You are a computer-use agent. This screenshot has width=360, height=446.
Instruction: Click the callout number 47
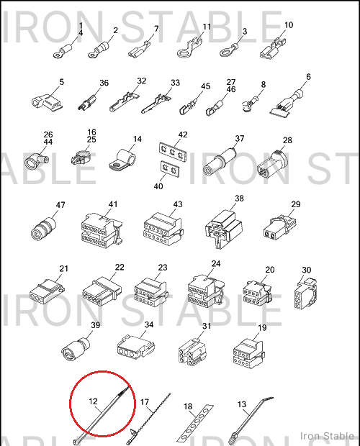coord(60,205)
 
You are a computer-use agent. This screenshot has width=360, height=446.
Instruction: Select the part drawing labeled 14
coord(122,160)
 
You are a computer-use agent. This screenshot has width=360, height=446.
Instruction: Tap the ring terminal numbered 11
coord(189,48)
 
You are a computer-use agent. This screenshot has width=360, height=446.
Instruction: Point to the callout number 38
coord(239,199)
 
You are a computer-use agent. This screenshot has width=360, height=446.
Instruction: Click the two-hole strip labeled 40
coord(170,169)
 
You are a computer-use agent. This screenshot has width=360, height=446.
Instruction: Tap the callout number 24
coord(216,264)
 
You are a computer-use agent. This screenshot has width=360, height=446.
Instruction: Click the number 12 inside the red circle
coord(93,401)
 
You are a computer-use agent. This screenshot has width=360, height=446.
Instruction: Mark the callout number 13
coord(242,404)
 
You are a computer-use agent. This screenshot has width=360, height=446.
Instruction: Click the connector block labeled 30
coord(305,293)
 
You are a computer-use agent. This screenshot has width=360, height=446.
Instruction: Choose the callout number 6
coord(308,77)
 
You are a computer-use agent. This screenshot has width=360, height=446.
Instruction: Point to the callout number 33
coord(175,83)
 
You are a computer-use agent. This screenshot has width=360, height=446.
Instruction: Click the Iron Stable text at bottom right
coord(328,436)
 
